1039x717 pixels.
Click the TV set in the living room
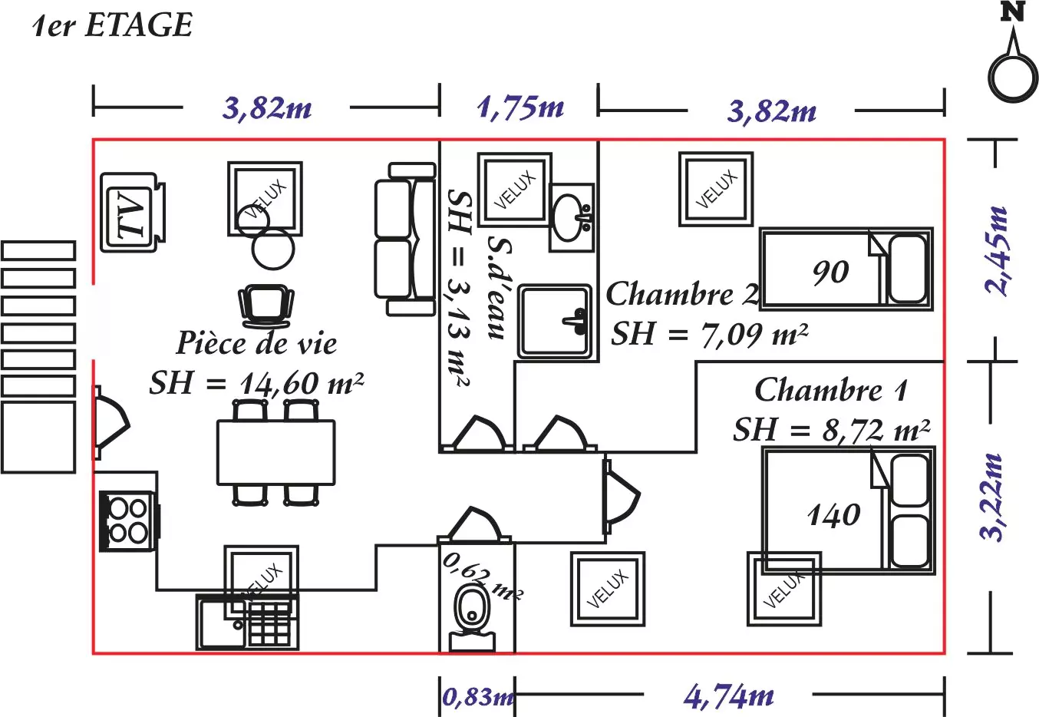(x=131, y=212)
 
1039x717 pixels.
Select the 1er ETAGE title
(x=113, y=25)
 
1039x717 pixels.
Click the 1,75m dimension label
(x=520, y=107)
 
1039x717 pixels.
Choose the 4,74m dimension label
(x=728, y=696)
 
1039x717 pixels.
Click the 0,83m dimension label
(x=477, y=697)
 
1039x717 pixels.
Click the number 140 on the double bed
(x=834, y=514)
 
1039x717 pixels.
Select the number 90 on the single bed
(x=830, y=272)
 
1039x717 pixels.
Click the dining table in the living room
(x=276, y=452)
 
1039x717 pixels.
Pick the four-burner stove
(x=128, y=520)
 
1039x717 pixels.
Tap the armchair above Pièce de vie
(x=266, y=305)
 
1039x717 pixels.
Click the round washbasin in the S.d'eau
(x=571, y=217)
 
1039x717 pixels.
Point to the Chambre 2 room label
(x=681, y=294)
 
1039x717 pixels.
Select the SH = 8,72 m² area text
(x=832, y=430)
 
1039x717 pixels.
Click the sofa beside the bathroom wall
(x=404, y=239)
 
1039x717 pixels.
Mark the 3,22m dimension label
(x=993, y=497)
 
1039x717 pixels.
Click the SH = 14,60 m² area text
(x=256, y=382)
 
